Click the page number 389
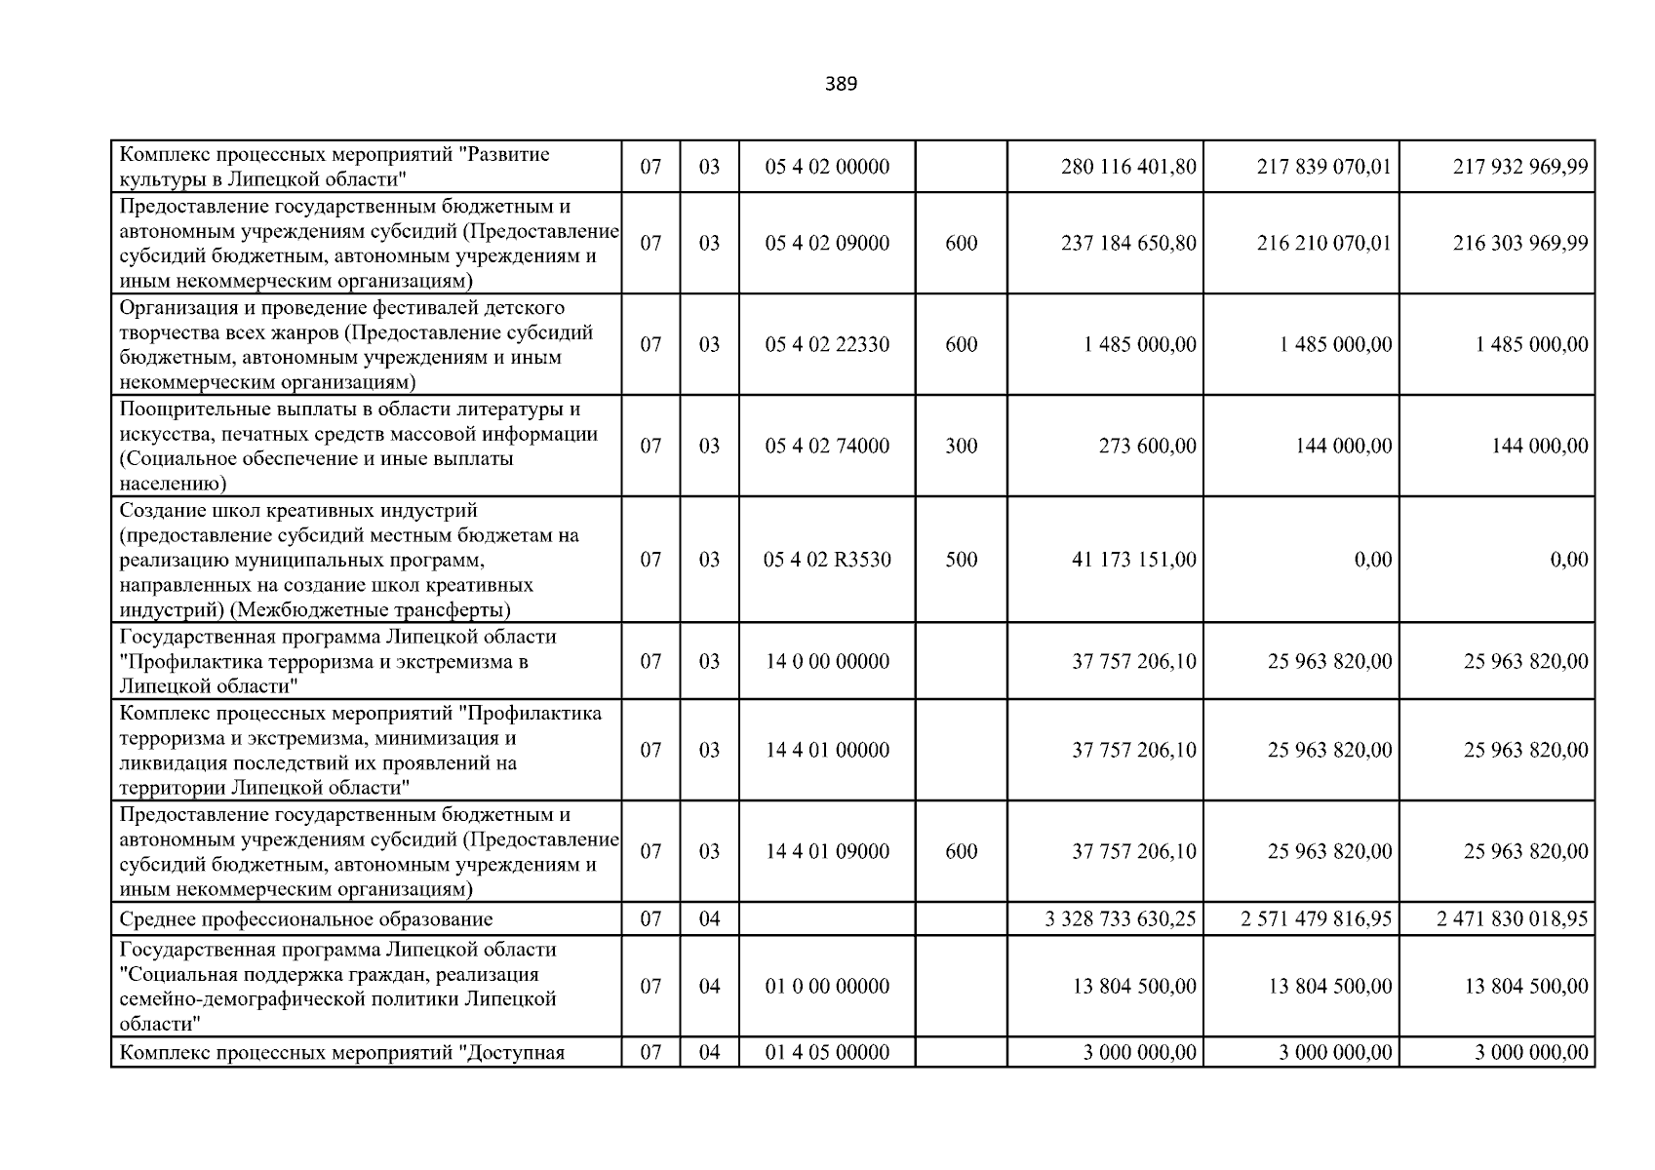pos(841,85)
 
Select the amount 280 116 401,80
pos(1127,167)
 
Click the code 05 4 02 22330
pos(827,344)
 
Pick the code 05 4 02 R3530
pos(827,560)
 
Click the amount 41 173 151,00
pos(1133,560)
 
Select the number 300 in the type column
pos(961,446)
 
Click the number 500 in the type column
pos(961,560)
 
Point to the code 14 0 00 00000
pos(827,661)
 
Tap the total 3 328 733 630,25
pos(1120,918)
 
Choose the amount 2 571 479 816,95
pos(1317,918)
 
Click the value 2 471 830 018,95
pos(1512,918)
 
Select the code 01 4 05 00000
pos(827,1052)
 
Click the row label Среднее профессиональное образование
pos(305,918)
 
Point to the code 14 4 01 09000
pos(827,851)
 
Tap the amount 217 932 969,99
pos(1519,167)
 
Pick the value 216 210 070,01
pos(1323,243)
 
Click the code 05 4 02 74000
pos(827,446)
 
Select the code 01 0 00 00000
pos(827,986)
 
